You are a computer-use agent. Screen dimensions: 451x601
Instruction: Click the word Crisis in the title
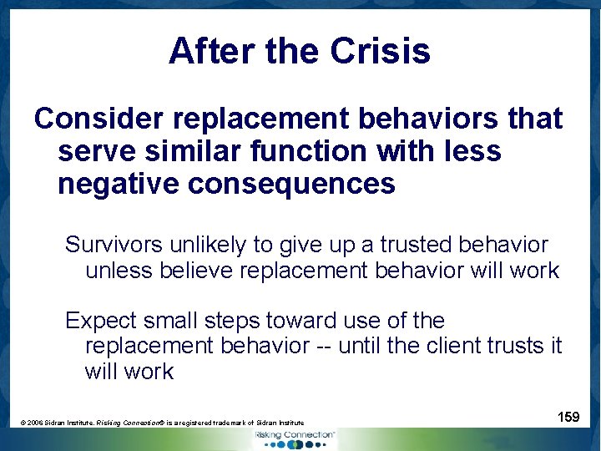[380, 52]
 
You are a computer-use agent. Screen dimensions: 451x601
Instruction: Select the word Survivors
[117, 245]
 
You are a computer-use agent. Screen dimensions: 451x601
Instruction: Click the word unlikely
[212, 245]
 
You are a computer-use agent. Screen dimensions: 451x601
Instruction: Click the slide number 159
[568, 416]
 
